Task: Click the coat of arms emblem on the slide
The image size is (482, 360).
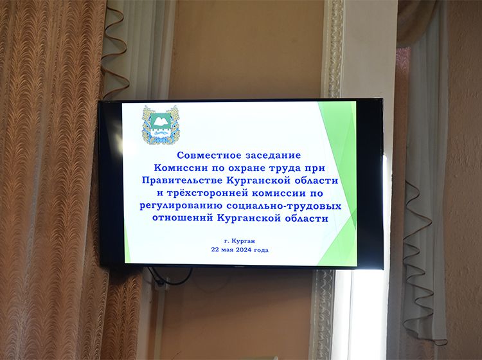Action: coord(161,125)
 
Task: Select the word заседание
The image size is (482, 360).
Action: coord(273,156)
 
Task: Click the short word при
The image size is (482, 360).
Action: coord(315,168)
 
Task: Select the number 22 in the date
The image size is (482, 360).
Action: coord(215,250)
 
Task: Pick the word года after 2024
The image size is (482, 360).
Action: coord(262,250)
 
